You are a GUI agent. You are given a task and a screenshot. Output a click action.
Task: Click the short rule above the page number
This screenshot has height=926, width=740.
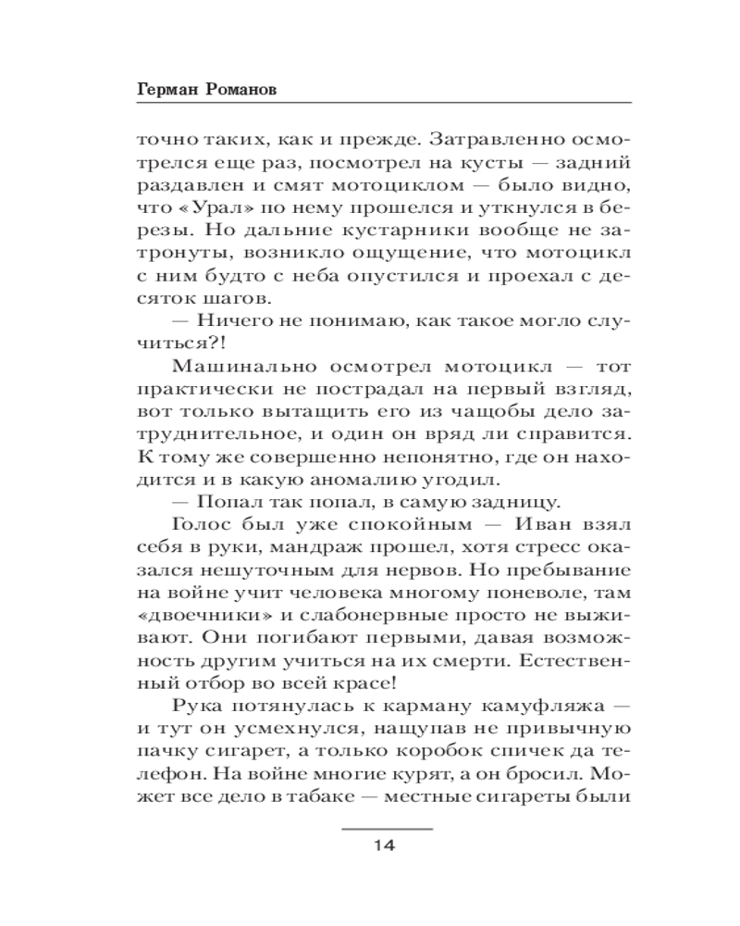pyautogui.click(x=387, y=827)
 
